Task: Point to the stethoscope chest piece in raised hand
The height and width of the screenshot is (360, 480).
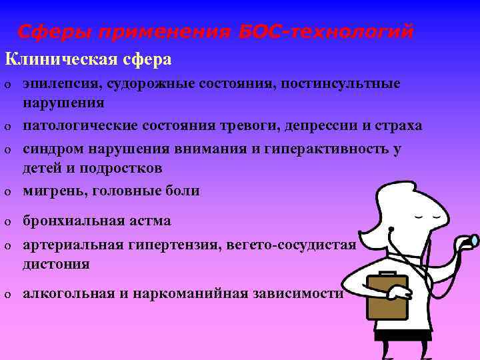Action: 474,240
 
